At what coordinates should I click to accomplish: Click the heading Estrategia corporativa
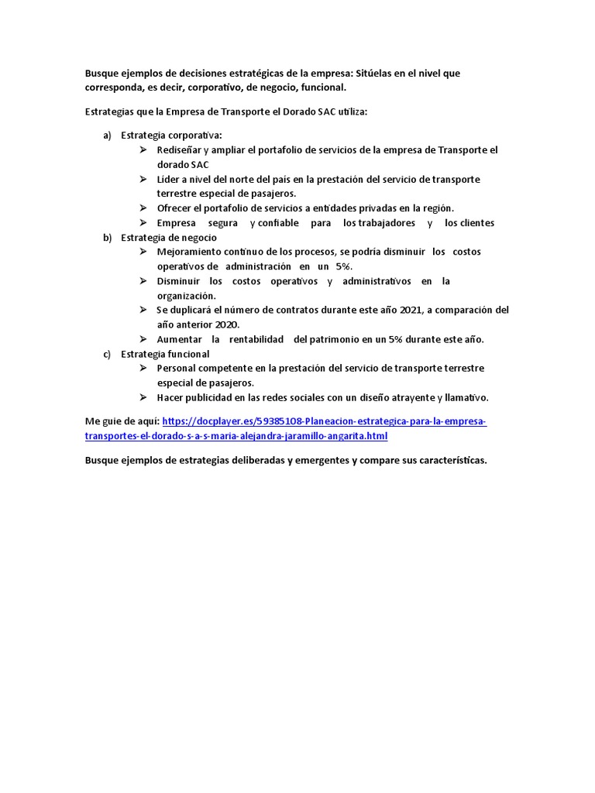tap(170, 136)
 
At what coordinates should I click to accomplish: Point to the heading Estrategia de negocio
tap(168, 238)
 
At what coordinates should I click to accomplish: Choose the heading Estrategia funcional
tap(165, 354)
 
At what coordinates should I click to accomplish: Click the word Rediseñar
tap(180, 150)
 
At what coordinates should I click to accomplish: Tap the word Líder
tap(170, 180)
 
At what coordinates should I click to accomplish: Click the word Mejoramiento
tap(190, 252)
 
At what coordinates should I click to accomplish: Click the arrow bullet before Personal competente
tap(143, 368)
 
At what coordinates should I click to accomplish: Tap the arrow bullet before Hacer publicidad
tap(143, 397)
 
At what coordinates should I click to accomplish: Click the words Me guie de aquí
tap(122, 421)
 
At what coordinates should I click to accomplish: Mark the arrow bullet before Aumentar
tap(143, 339)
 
